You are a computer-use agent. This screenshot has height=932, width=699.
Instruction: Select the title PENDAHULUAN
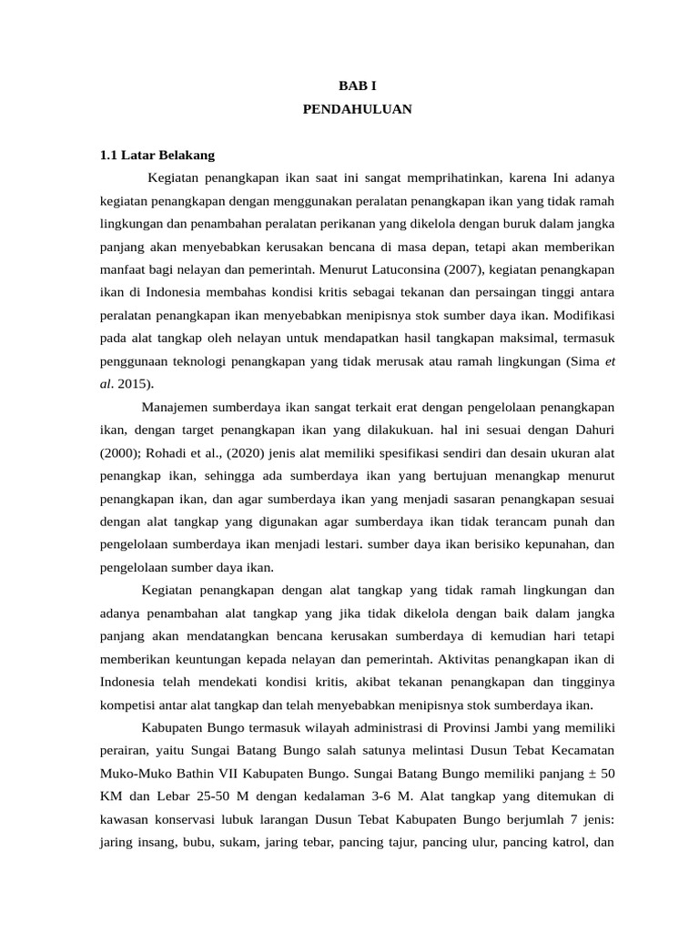(357, 109)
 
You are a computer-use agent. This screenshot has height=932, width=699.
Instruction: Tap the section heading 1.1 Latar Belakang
(157, 155)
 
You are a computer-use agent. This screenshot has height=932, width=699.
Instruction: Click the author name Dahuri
(593, 430)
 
